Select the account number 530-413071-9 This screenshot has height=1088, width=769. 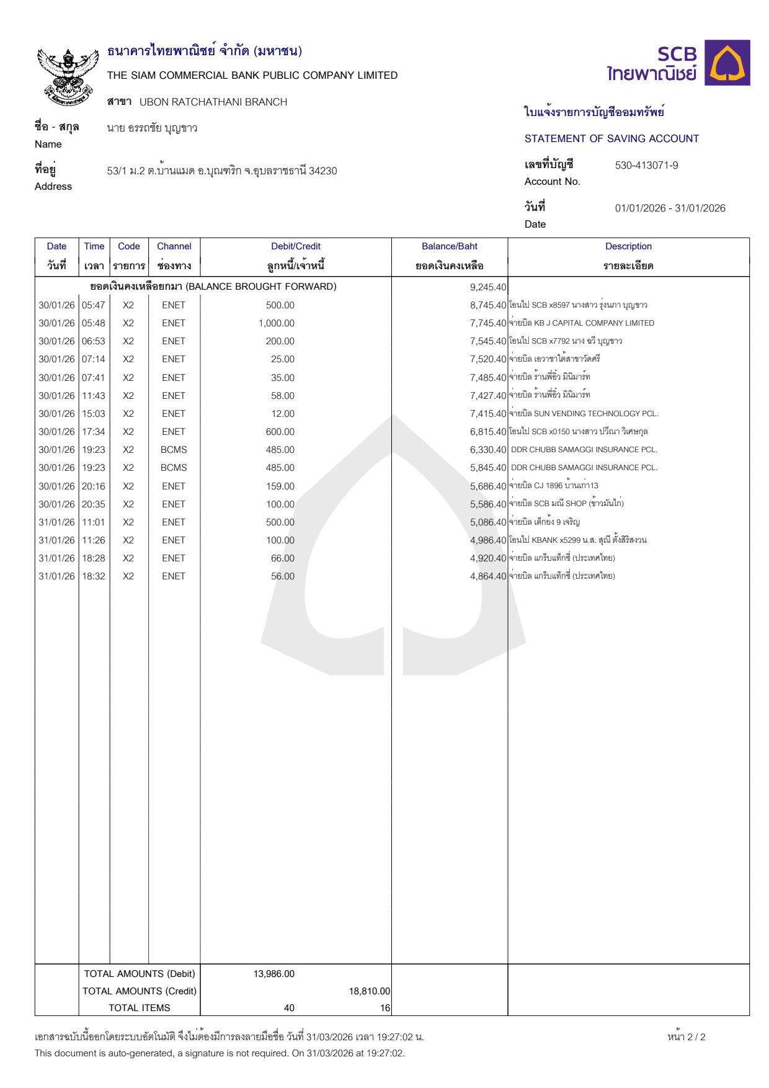click(x=646, y=166)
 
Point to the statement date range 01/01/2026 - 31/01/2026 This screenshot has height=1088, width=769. click(x=670, y=208)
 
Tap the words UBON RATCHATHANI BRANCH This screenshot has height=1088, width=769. click(x=213, y=102)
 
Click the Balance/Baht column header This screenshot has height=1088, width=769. click(x=449, y=246)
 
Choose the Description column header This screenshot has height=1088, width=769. click(x=628, y=246)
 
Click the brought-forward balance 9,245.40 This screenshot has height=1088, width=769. click(x=488, y=287)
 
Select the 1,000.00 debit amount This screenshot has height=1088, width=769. click(x=277, y=323)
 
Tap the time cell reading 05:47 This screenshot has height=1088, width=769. click(x=94, y=305)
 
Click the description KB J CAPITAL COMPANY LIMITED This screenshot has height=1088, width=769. click(x=593, y=323)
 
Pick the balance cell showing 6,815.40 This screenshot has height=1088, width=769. click(x=488, y=432)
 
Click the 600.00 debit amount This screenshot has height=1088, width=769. click(x=280, y=432)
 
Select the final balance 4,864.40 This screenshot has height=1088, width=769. click(x=488, y=576)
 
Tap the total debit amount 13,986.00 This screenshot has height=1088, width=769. click(x=274, y=974)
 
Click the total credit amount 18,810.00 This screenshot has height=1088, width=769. click(x=370, y=991)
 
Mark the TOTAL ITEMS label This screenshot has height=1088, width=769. click(x=140, y=1008)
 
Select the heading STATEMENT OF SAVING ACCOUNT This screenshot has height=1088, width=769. click(x=611, y=139)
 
